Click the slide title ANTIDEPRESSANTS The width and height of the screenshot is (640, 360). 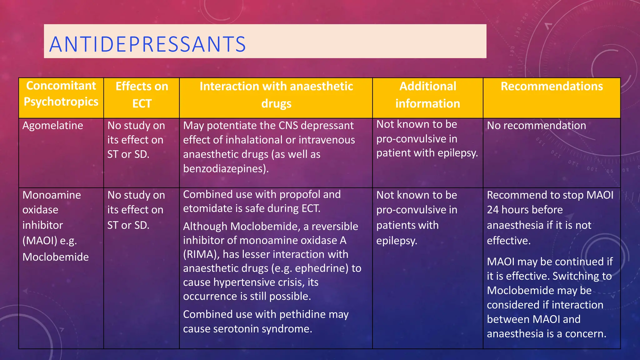(147, 44)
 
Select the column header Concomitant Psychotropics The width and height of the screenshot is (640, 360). (61, 94)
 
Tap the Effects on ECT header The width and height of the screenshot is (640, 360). (142, 95)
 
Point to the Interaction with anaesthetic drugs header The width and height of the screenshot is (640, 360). (276, 95)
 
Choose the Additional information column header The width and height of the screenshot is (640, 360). (427, 95)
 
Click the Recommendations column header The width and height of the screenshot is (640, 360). (552, 86)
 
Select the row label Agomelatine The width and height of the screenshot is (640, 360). (53, 126)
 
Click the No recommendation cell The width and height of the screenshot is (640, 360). (536, 126)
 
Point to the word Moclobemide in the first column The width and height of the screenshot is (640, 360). (56, 257)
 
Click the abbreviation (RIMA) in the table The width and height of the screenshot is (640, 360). (201, 254)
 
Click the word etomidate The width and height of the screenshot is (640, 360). (205, 208)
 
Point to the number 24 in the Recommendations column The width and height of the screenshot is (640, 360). (493, 210)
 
